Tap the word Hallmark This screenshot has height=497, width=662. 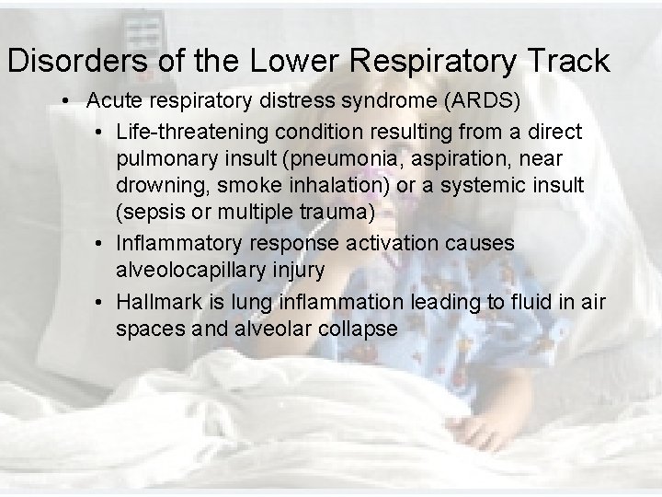click(x=158, y=301)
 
